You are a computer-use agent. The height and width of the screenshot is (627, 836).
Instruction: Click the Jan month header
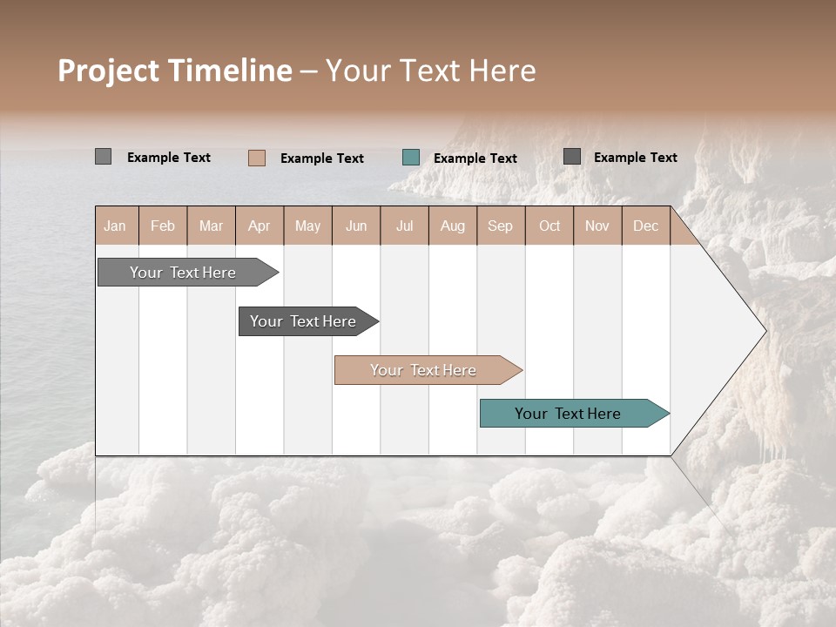point(116,226)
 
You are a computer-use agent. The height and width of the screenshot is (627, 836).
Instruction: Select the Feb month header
point(163,226)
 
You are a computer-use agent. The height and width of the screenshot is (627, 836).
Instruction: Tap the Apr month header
point(259,226)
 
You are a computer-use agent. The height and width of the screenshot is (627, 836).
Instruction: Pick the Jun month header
point(356,226)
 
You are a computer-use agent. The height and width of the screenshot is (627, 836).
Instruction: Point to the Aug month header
point(452,226)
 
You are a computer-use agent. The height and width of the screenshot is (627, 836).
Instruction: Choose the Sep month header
point(500,226)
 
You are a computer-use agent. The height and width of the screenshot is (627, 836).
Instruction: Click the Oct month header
point(549,226)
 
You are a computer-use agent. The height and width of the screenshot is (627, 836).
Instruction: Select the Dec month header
point(645,226)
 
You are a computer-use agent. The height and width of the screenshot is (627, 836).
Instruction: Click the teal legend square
point(411,158)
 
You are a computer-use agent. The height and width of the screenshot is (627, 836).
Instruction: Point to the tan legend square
point(257,158)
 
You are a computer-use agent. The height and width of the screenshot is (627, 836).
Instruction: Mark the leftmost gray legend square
point(103,157)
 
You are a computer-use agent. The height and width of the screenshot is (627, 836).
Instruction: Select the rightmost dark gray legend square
point(572,157)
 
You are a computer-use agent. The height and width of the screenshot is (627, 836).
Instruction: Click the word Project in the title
point(110,71)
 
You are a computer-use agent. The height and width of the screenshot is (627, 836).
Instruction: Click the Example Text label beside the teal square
point(475,158)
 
